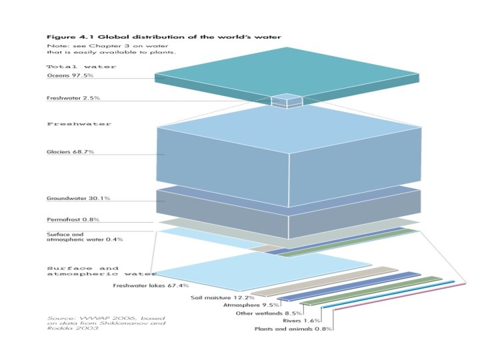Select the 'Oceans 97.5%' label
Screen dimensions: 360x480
(69, 76)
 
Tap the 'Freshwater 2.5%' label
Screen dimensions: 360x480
(73, 98)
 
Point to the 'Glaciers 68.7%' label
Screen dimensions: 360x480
(70, 152)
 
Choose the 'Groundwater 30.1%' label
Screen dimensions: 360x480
(78, 198)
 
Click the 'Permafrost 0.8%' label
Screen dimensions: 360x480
(73, 219)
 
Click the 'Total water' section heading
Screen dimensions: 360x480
(81, 67)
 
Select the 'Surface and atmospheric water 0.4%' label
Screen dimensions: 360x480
(75, 237)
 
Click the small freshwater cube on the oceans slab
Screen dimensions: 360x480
(287, 101)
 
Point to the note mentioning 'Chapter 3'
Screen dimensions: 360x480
(111, 48)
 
